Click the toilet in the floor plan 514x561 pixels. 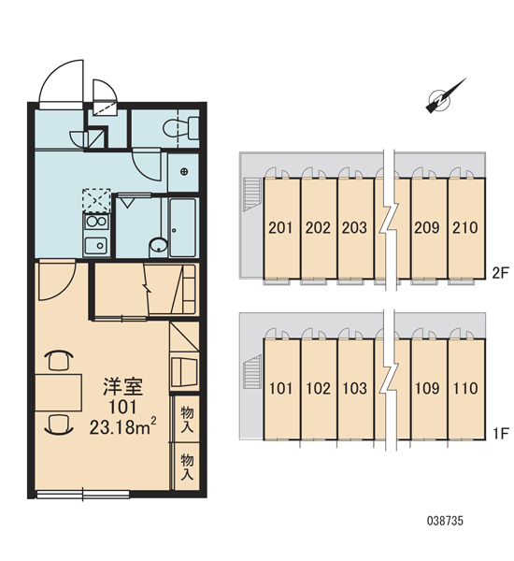click(181, 128)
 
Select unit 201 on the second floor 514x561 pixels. click(281, 228)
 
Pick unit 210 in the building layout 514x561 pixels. click(466, 228)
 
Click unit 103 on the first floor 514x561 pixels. click(355, 389)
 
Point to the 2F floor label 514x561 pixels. click(500, 274)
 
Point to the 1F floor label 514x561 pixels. click(500, 434)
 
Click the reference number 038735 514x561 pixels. click(445, 521)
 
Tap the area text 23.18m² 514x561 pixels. click(122, 427)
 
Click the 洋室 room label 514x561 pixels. click(122, 386)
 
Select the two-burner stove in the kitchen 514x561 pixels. click(96, 222)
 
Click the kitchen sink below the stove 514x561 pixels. click(96, 245)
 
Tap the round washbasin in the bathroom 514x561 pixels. click(158, 245)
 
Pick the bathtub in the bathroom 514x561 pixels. click(182, 227)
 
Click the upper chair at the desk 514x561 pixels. click(59, 360)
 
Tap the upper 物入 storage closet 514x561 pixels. click(186, 419)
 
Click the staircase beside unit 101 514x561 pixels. click(252, 372)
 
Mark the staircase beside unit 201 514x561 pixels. click(252, 195)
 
